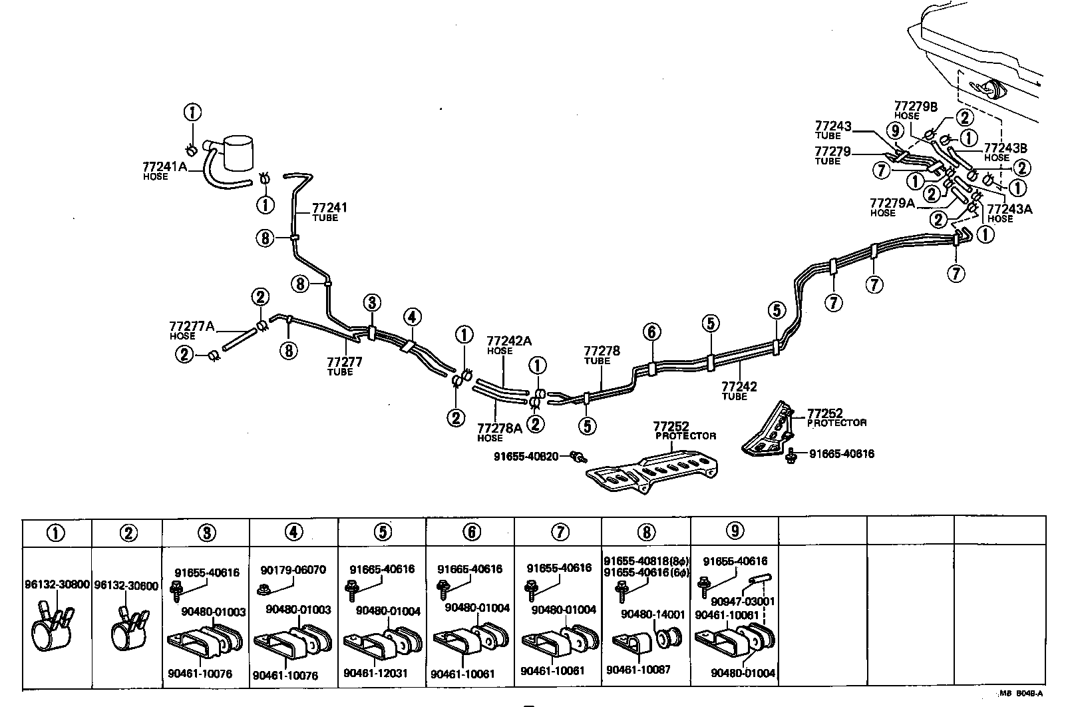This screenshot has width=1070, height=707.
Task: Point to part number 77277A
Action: point(192,326)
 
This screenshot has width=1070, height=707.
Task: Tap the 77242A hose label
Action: point(509,341)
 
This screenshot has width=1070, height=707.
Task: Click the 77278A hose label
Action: point(499,429)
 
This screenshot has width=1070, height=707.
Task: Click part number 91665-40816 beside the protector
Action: point(842,454)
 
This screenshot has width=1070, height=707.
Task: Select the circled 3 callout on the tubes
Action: point(372,303)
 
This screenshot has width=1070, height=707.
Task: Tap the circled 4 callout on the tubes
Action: point(412,316)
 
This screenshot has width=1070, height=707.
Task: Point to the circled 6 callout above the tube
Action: point(651,332)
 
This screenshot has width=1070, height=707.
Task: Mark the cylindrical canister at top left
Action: point(237,154)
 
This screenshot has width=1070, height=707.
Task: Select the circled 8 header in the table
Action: point(646,532)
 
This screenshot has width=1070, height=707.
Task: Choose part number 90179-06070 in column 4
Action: point(293,570)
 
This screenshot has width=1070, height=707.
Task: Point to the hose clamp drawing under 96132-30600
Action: point(128,629)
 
